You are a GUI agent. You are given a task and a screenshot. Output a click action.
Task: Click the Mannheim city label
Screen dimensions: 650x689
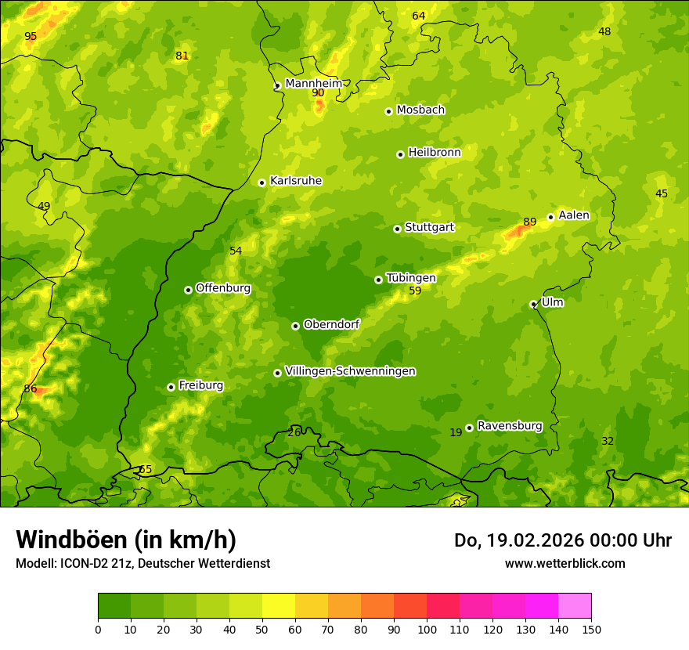click(313, 83)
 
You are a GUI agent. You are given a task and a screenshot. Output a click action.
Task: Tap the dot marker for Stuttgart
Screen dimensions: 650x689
click(397, 229)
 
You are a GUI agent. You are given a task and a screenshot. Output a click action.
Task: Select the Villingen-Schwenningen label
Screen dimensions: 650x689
click(350, 371)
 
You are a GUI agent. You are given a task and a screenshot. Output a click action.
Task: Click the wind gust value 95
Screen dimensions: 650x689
click(31, 36)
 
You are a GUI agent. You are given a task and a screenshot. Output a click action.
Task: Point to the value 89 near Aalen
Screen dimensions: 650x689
click(530, 222)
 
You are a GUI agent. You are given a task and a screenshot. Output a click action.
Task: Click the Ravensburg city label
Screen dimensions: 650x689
click(509, 426)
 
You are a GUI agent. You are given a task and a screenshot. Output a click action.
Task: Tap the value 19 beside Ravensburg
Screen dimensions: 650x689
click(456, 432)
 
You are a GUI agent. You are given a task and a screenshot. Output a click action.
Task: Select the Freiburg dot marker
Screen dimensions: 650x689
click(171, 387)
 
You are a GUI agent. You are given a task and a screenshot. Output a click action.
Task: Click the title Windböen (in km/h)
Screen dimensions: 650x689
click(126, 540)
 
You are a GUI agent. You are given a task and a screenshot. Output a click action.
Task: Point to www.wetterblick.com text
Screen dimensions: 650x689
click(565, 563)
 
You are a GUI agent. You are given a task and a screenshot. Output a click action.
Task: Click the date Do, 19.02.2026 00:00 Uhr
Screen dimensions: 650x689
click(563, 540)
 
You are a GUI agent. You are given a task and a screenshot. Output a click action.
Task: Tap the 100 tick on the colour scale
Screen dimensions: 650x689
click(427, 629)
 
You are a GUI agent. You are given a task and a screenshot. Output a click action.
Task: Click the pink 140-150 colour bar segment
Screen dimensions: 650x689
click(575, 606)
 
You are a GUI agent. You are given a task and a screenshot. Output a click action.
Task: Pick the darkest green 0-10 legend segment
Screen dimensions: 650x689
click(114, 606)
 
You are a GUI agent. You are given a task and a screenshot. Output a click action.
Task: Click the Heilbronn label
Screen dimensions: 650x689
click(434, 153)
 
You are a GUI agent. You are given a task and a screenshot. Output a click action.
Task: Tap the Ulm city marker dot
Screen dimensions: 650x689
click(533, 304)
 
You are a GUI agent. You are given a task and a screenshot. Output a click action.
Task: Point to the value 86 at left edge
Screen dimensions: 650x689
click(31, 388)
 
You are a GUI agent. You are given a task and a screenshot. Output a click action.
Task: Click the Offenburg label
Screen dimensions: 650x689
click(222, 288)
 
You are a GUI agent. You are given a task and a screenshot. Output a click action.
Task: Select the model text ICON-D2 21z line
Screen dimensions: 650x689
click(142, 563)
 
